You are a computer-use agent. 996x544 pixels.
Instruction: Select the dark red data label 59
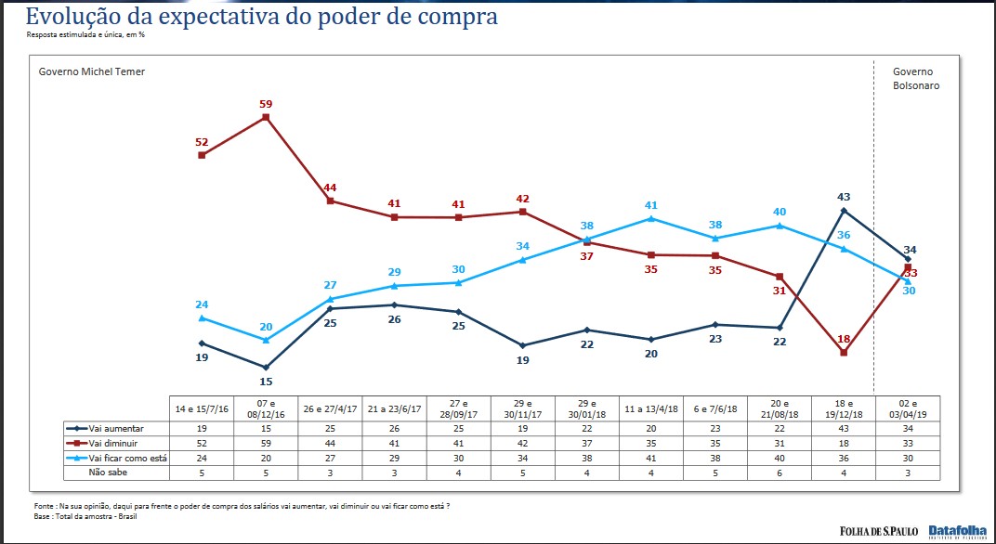pos(267,104)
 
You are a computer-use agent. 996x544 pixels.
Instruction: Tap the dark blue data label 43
pos(843,197)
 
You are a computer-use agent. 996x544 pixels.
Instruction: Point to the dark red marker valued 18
pos(844,353)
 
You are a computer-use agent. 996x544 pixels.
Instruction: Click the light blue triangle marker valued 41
pos(651,219)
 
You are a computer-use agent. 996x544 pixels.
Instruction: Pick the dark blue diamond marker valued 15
pos(266,368)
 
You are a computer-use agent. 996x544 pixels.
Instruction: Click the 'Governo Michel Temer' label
pos(91,71)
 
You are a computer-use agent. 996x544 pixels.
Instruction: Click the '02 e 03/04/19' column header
pos(907,408)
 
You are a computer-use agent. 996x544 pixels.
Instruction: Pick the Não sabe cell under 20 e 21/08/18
pos(780,472)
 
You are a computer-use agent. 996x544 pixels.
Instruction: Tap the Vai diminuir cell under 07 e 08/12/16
pos(267,443)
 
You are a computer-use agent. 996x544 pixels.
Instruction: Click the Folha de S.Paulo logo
pos(879,531)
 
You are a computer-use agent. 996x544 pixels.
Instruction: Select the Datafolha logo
pos(957,531)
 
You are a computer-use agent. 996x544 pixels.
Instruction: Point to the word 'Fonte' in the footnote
pos(44,506)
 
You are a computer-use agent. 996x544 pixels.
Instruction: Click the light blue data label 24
pos(201,304)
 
